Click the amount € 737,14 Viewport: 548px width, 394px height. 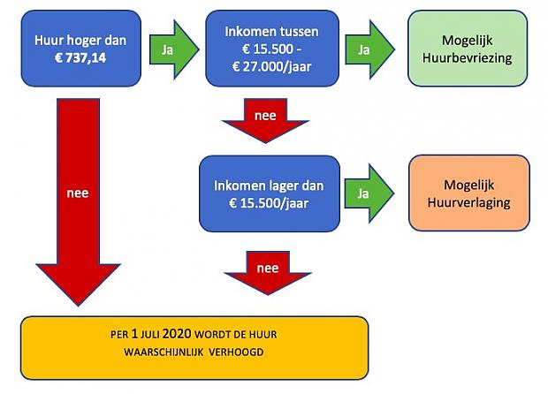coord(80,57)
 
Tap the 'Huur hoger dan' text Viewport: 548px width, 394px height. coord(80,40)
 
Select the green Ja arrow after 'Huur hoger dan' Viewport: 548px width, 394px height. coord(174,49)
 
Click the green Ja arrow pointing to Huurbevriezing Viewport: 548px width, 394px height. coord(369,49)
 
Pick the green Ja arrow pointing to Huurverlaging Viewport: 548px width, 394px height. coord(369,193)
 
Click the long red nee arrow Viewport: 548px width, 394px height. coord(79,202)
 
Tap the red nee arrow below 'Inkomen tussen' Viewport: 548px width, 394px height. coord(265,120)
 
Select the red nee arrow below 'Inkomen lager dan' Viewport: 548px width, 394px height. coord(268,273)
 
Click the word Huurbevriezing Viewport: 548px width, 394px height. coord(468,58)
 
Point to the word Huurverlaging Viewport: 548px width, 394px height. coord(468,202)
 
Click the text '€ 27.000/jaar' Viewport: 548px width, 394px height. coord(271,66)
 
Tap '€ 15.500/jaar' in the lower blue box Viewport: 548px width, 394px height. coord(269,203)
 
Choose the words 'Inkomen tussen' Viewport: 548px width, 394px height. coord(271,32)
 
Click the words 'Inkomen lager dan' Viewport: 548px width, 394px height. coord(269,186)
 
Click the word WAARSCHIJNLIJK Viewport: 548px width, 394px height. coord(164,352)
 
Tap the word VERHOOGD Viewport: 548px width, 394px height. coord(236,352)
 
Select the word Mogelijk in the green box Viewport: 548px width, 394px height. coord(468,41)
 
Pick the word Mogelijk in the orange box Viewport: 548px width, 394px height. coord(469,186)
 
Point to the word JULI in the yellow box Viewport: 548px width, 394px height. coord(150,335)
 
